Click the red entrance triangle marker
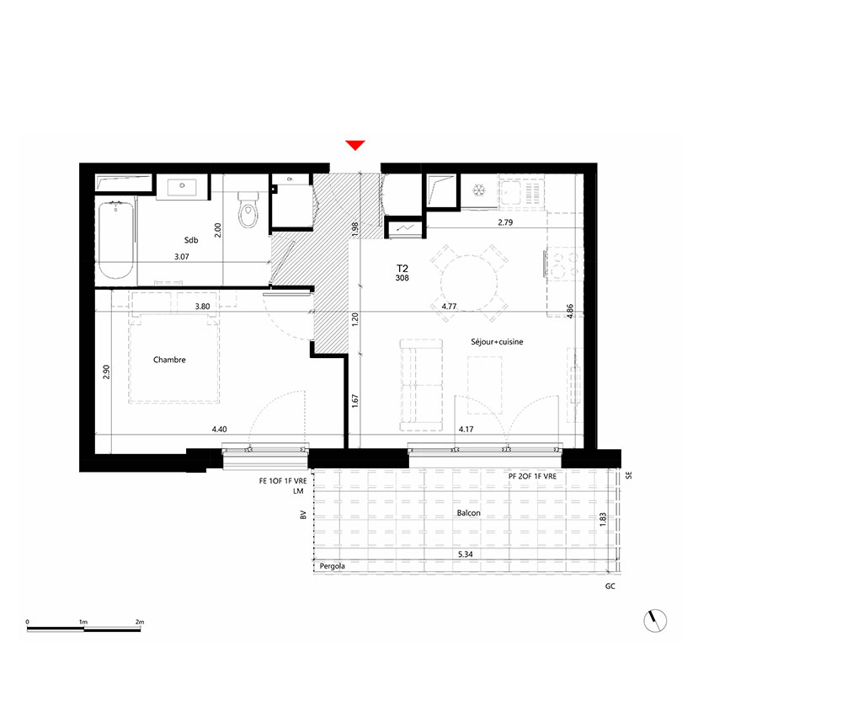point(355,145)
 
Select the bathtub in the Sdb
point(115,239)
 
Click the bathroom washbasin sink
point(182,187)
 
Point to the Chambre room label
point(169,360)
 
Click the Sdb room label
point(190,240)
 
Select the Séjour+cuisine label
point(497,342)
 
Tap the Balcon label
point(468,513)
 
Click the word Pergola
point(333,566)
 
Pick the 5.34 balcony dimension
point(466,554)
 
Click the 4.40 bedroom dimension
point(219,429)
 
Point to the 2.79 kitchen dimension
point(505,222)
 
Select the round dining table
point(469,283)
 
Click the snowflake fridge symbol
point(478,190)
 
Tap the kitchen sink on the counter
point(509,193)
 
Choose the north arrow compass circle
point(655,621)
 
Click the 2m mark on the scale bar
point(140,622)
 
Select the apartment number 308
point(402,278)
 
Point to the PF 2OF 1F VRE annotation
point(532,477)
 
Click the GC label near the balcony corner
point(610,586)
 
